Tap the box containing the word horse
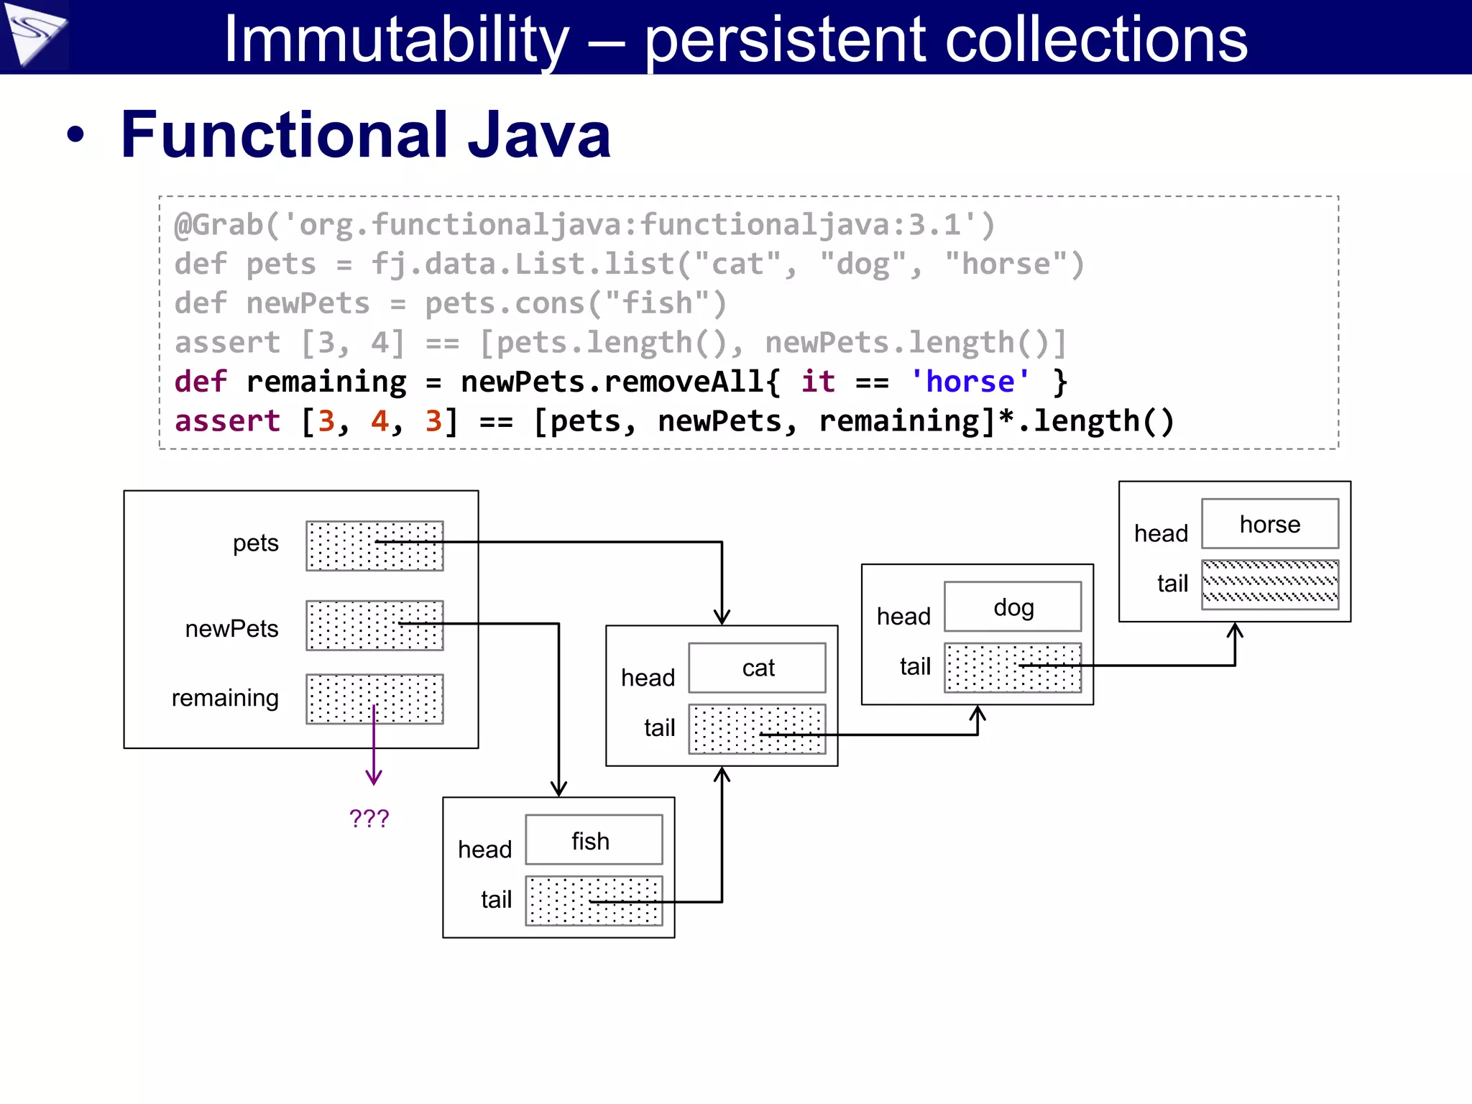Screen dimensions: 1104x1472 pos(1269,524)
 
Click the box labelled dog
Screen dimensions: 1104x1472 pos(1012,607)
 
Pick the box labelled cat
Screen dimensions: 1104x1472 pos(757,668)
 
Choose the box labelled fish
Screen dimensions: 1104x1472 pos(593,840)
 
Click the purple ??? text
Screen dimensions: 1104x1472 pos(369,818)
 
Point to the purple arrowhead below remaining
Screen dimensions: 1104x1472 pos(374,778)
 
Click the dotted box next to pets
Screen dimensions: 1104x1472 pos(374,546)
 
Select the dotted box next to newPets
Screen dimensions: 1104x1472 pos(374,625)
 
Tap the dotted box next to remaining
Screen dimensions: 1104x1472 pos(374,699)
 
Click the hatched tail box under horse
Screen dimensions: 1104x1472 pos(1269,584)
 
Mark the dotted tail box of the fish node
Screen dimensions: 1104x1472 pos(593,901)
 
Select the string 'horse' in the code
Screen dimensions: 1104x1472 pos(970,382)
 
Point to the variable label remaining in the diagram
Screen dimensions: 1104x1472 pos(225,698)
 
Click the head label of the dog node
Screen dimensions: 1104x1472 pos(903,617)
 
